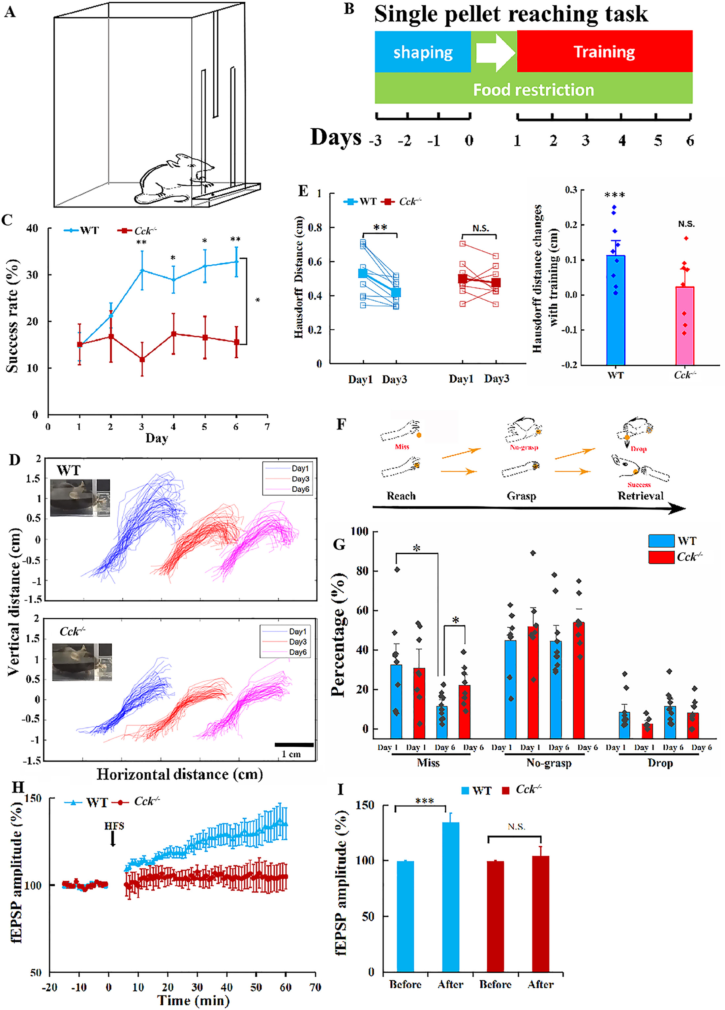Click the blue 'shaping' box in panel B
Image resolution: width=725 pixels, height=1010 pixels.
(422, 52)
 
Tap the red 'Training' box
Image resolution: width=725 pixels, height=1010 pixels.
(604, 52)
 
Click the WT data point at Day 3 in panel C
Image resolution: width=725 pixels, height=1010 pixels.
(142, 270)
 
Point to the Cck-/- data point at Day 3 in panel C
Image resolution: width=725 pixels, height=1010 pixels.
(142, 359)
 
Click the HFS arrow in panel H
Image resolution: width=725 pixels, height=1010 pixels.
(113, 839)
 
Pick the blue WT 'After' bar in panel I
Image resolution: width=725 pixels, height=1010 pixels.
(450, 897)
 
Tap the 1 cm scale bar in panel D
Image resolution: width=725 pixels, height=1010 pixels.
(294, 744)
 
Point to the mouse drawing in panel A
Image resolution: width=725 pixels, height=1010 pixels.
(176, 180)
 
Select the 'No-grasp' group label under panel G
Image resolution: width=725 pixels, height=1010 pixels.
(549, 763)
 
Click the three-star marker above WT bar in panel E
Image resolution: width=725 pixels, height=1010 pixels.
(615, 195)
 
